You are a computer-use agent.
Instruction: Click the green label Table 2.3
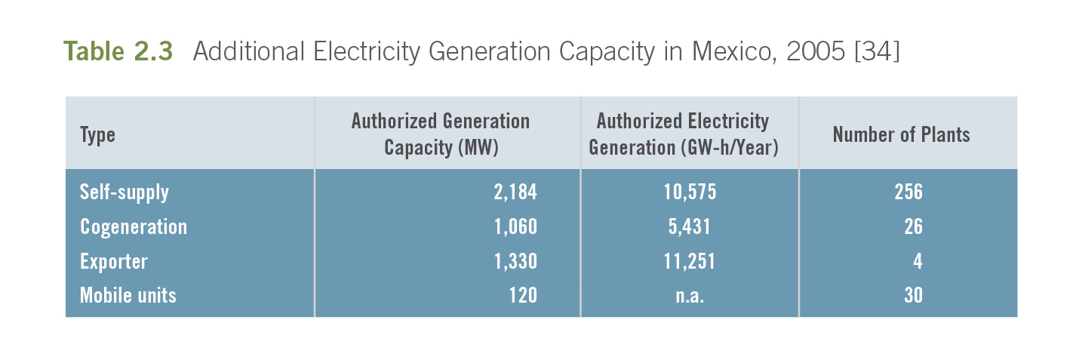point(118,51)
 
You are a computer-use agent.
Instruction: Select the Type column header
point(97,135)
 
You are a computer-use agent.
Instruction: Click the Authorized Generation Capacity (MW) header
point(441,134)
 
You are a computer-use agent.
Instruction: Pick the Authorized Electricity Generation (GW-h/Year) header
point(683,134)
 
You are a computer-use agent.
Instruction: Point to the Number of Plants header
point(901,135)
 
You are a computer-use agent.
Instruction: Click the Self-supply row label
point(125,192)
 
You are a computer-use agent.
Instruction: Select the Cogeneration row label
point(134,227)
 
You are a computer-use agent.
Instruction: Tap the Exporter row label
point(114,261)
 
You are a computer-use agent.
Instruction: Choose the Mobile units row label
point(128,295)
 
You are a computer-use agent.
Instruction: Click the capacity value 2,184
point(515,192)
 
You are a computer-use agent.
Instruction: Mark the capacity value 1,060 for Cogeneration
point(515,227)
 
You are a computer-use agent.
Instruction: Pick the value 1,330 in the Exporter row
point(515,261)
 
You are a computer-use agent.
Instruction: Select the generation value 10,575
point(690,192)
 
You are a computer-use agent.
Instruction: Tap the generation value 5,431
point(690,227)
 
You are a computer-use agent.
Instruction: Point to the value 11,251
point(690,261)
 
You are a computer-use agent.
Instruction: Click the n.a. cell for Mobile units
point(690,295)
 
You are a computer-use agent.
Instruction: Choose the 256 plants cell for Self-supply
point(909,192)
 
